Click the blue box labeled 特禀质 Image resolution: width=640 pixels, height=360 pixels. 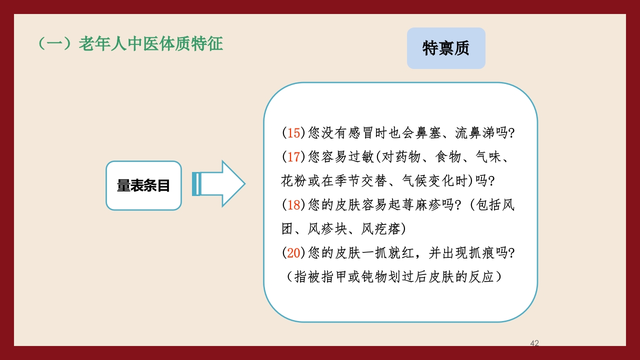click(446, 48)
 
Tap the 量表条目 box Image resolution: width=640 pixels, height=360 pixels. click(143, 185)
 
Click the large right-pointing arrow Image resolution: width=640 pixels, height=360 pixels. click(220, 183)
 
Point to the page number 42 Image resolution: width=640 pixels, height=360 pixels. click(534, 343)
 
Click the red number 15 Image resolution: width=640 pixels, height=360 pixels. click(293, 133)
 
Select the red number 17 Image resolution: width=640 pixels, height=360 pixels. click(293, 157)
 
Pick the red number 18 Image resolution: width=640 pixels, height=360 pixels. click(293, 205)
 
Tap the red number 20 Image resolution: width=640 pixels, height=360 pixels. click(293, 253)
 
